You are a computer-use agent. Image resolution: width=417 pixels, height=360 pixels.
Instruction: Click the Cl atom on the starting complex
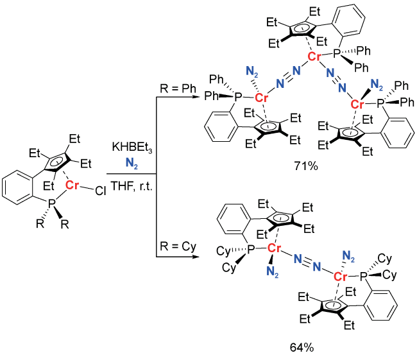101,191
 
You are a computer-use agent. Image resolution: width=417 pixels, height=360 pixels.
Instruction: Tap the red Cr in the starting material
72,185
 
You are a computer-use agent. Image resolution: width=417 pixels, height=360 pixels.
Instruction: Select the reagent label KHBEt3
132,147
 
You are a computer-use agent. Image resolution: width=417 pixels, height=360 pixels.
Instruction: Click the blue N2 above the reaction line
132,163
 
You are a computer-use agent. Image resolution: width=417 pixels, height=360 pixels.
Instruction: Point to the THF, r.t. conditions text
132,186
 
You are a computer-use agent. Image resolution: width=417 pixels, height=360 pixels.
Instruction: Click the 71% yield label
306,166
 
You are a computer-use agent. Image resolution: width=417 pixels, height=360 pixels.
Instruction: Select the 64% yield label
302,348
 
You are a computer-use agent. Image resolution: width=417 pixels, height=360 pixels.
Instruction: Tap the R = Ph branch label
178,89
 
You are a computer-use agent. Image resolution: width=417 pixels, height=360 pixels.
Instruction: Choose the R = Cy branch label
178,246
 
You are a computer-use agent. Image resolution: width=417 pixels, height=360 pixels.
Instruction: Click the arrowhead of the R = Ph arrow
196,97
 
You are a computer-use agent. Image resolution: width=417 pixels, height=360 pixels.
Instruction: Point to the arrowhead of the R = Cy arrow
196,257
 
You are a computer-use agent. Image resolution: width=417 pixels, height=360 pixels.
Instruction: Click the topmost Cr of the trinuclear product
314,56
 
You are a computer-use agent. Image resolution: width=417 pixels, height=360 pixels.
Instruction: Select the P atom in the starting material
51,203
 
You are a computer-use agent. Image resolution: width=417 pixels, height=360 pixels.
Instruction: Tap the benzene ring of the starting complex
18,188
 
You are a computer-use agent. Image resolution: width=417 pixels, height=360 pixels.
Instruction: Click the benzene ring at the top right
348,21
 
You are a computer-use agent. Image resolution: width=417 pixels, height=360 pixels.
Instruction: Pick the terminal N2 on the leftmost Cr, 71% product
252,72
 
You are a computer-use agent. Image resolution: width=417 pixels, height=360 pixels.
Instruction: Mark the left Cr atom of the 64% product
274,248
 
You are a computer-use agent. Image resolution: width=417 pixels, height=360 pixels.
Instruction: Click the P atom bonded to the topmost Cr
337,54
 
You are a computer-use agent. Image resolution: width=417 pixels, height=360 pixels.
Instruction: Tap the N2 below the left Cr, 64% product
272,271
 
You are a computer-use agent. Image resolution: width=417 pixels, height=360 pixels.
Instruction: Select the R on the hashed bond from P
40,224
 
